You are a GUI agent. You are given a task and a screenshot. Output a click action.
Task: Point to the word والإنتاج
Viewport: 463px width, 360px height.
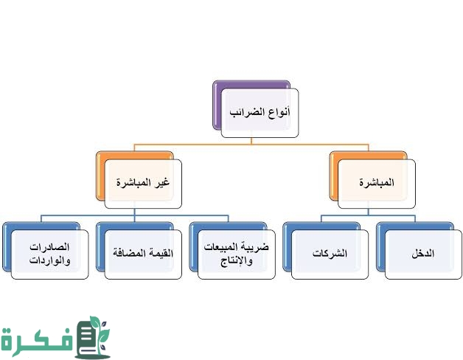point(237,261)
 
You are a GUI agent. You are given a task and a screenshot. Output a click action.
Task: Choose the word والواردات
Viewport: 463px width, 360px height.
point(49,260)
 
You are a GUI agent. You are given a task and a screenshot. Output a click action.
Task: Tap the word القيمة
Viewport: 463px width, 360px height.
point(161,253)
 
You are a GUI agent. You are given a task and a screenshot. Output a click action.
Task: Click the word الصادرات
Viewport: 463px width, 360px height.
point(49,247)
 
